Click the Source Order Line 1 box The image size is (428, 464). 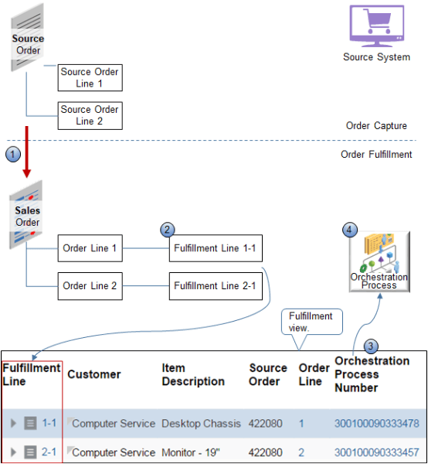[90, 78]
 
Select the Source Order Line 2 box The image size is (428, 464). [90, 115]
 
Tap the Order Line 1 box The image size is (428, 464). [90, 248]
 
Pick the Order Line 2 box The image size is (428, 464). [90, 285]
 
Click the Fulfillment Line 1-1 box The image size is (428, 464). [215, 248]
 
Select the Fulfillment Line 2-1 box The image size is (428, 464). [215, 285]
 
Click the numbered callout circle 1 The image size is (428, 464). [12, 154]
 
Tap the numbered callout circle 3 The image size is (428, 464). [372, 346]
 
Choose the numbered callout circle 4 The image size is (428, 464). [350, 229]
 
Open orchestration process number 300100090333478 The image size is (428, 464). [375, 423]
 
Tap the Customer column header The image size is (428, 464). [94, 374]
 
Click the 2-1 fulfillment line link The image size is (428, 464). [49, 452]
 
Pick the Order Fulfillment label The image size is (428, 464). [376, 154]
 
